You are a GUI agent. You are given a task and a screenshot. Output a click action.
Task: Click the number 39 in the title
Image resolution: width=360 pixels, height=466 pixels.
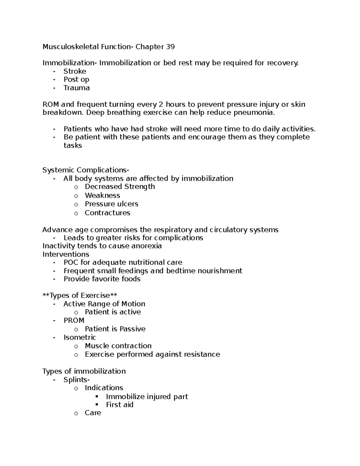tap(170, 47)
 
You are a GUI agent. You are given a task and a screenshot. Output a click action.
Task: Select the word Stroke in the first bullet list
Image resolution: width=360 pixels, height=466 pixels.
tap(75, 71)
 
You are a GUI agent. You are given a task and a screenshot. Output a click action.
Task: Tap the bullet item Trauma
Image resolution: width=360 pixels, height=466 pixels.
tap(76, 88)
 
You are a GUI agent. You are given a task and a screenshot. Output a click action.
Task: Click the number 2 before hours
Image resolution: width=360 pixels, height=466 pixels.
tap(161, 104)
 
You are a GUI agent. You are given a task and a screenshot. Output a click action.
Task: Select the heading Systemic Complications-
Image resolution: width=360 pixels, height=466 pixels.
tap(86, 170)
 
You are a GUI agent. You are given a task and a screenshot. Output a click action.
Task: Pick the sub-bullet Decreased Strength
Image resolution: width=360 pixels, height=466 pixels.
tap(120, 187)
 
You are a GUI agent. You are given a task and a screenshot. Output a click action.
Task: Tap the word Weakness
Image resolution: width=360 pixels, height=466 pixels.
tap(102, 195)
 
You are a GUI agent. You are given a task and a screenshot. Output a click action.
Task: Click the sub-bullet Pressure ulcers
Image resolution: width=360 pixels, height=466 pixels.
tap(111, 204)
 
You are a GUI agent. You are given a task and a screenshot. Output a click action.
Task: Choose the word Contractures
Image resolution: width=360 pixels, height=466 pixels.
tap(107, 213)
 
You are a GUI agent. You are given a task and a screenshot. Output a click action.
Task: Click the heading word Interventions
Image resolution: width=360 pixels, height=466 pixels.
tap(66, 254)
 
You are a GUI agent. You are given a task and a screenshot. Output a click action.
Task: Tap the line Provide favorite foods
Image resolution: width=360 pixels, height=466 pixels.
tap(102, 279)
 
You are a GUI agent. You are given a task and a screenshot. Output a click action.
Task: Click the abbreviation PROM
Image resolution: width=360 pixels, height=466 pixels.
tap(74, 320)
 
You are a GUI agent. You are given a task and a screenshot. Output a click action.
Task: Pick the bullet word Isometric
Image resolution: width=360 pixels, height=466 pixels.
tap(79, 337)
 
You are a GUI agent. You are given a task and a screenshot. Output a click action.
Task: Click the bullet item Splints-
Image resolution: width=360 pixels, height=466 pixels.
tap(76, 380)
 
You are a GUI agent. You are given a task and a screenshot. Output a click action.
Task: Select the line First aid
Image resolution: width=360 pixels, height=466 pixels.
tap(119, 405)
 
